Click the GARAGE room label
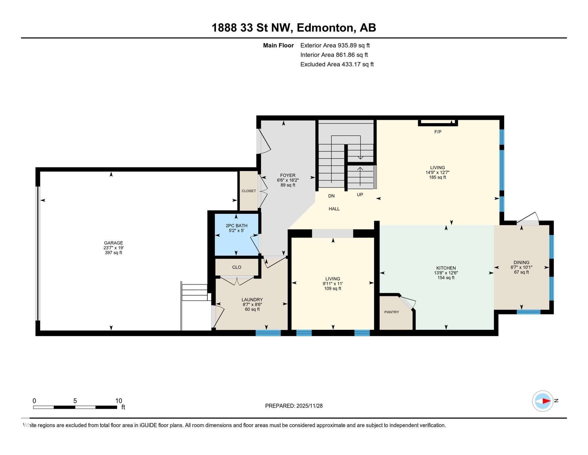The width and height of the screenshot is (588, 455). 113,243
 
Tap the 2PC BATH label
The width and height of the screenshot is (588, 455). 236,226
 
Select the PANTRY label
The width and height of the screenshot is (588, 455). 392,312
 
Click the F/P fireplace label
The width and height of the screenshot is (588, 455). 438,132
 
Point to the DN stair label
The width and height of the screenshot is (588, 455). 331,196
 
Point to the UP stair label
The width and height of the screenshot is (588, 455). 360,195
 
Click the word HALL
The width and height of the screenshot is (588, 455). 334,209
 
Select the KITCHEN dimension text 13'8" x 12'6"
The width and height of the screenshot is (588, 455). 446,273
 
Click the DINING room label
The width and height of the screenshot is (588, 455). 521,262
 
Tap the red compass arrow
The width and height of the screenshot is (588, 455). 546,401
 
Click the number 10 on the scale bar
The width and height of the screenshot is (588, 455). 118,401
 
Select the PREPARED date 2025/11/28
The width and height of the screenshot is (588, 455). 309,406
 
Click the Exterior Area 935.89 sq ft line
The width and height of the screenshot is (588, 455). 335,45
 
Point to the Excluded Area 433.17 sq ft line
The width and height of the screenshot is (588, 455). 337,64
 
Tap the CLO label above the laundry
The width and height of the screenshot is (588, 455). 237,267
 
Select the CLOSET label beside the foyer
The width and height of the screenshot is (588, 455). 249,191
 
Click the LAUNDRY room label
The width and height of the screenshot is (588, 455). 252,299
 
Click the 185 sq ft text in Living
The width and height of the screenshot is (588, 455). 437,177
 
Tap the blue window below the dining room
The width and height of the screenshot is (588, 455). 529,312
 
